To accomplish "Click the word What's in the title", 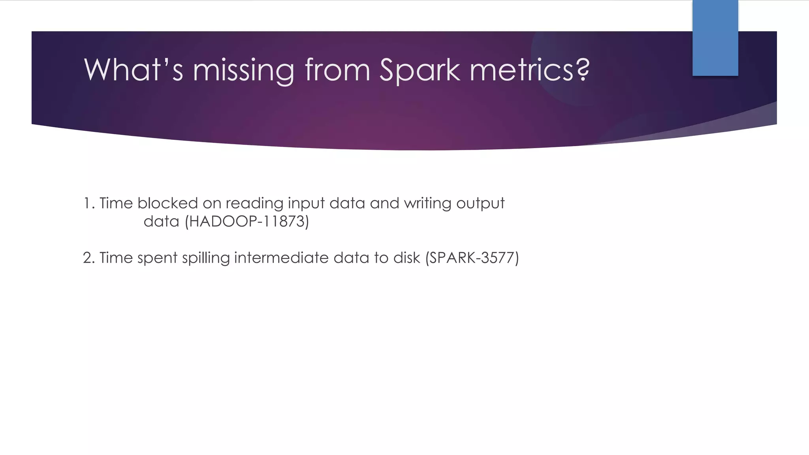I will click(x=133, y=70).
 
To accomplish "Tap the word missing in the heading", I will click(x=243, y=70).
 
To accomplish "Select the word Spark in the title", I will click(x=420, y=70).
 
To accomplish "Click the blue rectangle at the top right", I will click(x=715, y=38).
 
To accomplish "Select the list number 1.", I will click(x=88, y=203).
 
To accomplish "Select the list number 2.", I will click(x=88, y=258).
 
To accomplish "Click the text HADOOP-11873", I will click(x=247, y=221).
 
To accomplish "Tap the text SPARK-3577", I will click(x=472, y=258).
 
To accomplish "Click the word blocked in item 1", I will click(x=167, y=203).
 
